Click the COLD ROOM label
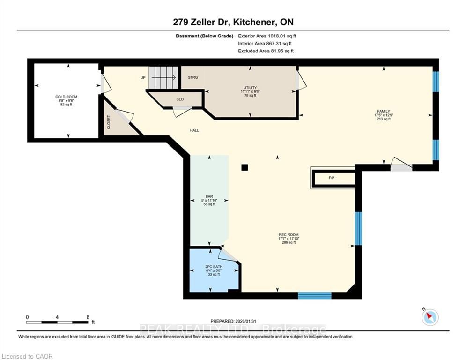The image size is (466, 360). pyautogui.click(x=67, y=97)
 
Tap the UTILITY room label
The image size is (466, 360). pyautogui.click(x=250, y=88)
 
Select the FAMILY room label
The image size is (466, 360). pyautogui.click(x=384, y=111)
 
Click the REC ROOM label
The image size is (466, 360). pyautogui.click(x=288, y=235)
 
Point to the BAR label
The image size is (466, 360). pyautogui.click(x=209, y=197)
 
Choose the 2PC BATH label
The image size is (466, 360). pyautogui.click(x=214, y=267)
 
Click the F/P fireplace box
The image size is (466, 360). pyautogui.click(x=333, y=178)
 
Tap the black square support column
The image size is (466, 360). pyautogui.click(x=244, y=167)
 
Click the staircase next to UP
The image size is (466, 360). pyautogui.click(x=163, y=77)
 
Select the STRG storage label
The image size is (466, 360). pyautogui.click(x=193, y=77)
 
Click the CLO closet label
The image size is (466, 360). pyautogui.click(x=180, y=99)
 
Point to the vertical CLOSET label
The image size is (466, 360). pyautogui.click(x=109, y=122)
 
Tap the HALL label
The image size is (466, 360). pyautogui.click(x=194, y=130)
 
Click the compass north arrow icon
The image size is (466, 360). pyautogui.click(x=430, y=317)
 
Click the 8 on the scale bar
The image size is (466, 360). pyautogui.click(x=88, y=317)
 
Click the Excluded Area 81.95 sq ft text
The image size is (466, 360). pyautogui.click(x=266, y=51)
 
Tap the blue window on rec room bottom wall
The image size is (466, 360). pyautogui.click(x=315, y=295)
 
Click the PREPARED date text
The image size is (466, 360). pyautogui.click(x=233, y=321)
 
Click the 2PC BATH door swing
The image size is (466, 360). pyautogui.click(x=228, y=255)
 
